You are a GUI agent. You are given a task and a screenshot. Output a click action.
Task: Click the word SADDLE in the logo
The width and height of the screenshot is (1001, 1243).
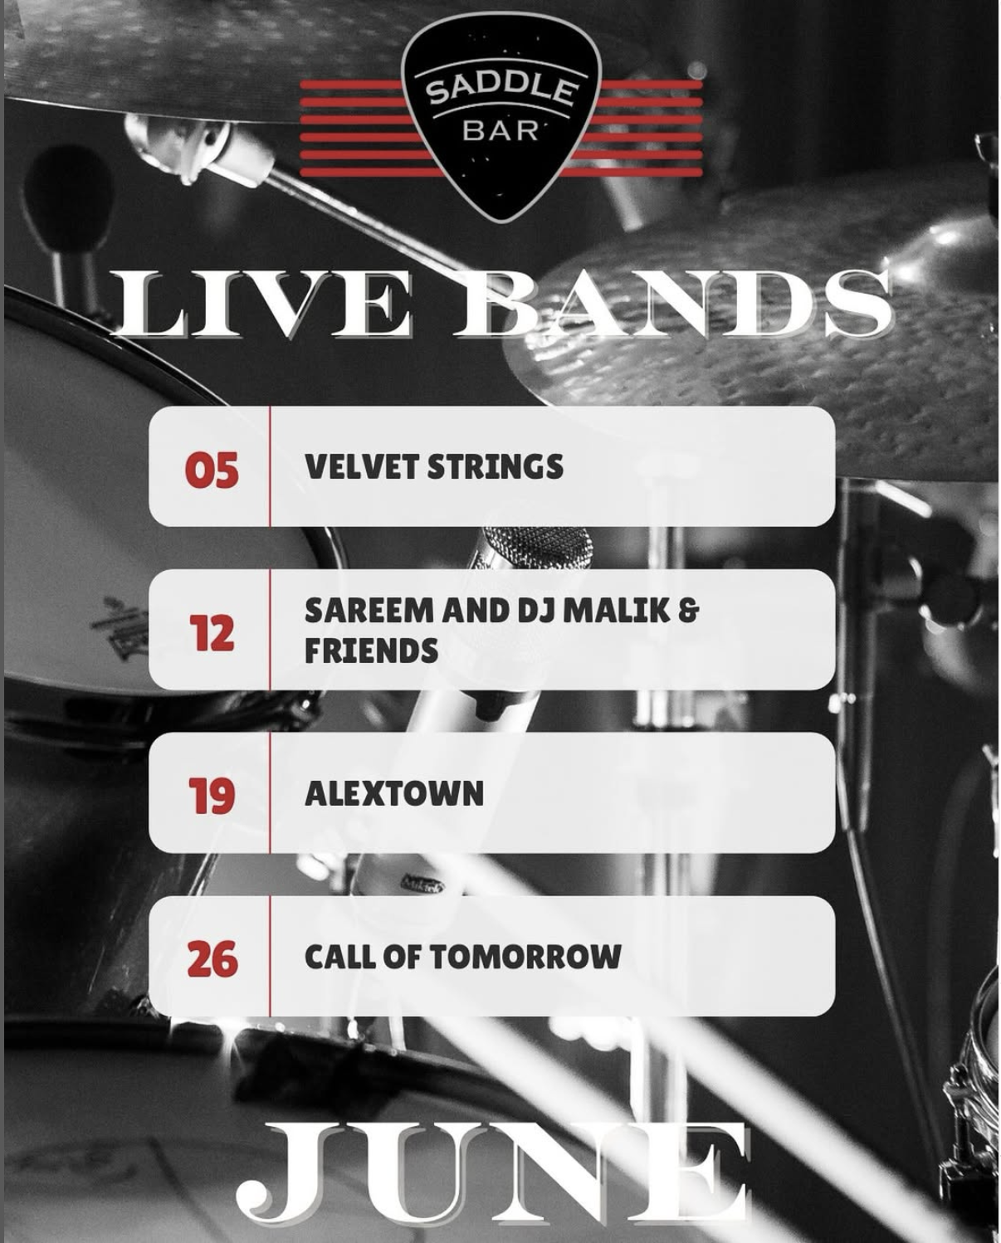pyautogui.click(x=502, y=90)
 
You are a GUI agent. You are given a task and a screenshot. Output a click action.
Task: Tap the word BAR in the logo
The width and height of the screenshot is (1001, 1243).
pyautogui.click(x=501, y=131)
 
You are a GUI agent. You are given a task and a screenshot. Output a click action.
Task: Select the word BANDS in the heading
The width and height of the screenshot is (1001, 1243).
pyautogui.click(x=674, y=303)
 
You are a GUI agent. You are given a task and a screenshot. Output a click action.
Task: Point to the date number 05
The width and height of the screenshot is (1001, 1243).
pyautogui.click(x=212, y=470)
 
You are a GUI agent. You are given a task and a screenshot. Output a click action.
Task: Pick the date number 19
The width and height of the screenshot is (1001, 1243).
pyautogui.click(x=212, y=796)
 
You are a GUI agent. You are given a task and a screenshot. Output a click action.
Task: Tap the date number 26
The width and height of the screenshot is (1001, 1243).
pyautogui.click(x=212, y=959)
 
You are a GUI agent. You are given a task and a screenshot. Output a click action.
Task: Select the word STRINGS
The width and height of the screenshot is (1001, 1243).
pyautogui.click(x=496, y=466)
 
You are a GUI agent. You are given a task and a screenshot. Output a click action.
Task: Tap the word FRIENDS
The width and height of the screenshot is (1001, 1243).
pyautogui.click(x=372, y=651)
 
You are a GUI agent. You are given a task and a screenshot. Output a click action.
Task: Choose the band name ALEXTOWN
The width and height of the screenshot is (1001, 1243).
pyautogui.click(x=394, y=793)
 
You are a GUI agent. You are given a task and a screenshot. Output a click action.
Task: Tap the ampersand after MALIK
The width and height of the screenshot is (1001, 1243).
pyautogui.click(x=688, y=611)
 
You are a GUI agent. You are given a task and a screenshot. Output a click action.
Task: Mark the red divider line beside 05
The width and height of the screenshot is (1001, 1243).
pyautogui.click(x=270, y=466)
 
